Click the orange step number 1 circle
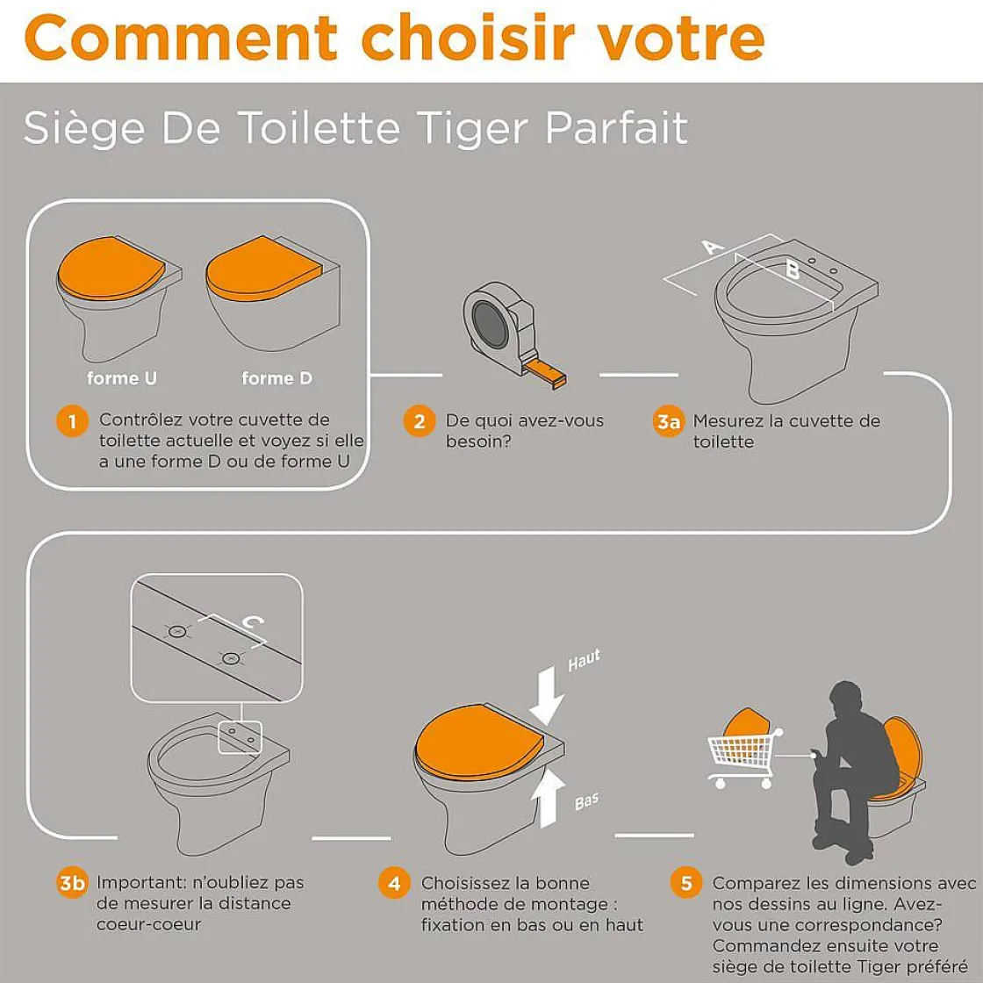(x=72, y=421)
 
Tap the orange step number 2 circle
(x=419, y=421)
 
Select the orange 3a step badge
(x=668, y=422)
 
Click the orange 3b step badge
(x=72, y=883)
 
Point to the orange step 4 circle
(x=394, y=883)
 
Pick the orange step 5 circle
(x=685, y=883)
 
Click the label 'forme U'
(x=122, y=378)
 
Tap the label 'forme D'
(x=276, y=378)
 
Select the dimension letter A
(x=712, y=247)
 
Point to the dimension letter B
(x=793, y=270)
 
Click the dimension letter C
(x=253, y=622)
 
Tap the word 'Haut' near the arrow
(x=584, y=659)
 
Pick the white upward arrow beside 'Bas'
(x=548, y=798)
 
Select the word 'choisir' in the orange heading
(x=468, y=37)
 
